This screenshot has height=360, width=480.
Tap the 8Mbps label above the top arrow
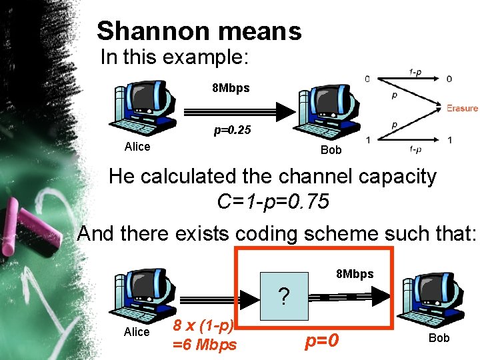[x=231, y=88]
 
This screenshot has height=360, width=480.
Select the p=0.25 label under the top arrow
[x=232, y=131]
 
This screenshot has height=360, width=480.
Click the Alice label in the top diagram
[x=137, y=147]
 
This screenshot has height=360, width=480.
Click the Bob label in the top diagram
[x=331, y=150]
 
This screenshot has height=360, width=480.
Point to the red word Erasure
[x=462, y=108]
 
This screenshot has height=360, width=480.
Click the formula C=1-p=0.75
[x=273, y=201]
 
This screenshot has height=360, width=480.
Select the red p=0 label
[x=323, y=341]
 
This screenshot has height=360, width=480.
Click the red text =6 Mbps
[x=205, y=345]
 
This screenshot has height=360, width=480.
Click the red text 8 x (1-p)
[x=203, y=326]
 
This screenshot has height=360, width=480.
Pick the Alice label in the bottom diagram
[x=137, y=332]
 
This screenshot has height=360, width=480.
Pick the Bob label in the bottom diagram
[x=439, y=338]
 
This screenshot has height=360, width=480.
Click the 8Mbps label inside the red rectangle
[x=355, y=274]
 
